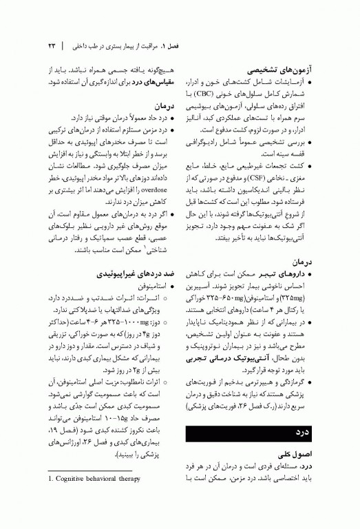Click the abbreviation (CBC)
click(234, 92)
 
